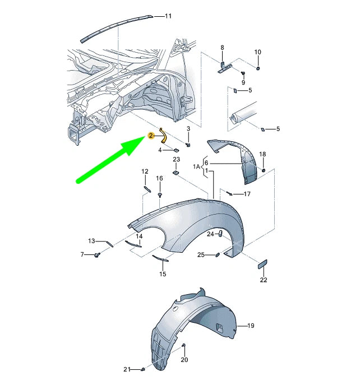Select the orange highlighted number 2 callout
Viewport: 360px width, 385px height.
coord(150,136)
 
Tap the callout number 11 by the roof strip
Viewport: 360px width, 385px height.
coord(168,16)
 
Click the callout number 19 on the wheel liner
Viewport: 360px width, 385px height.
coord(251,326)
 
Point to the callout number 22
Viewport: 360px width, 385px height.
coord(263,280)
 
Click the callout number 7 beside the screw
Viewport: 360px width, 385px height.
coord(82,254)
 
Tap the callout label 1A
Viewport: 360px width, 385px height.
coord(197,167)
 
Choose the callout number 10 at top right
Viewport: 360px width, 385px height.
coord(257,52)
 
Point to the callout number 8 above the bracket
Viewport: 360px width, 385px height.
coord(222,48)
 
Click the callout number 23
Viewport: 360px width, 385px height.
coord(176,160)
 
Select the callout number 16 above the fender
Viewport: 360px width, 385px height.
coord(159,179)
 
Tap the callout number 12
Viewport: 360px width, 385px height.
coord(144,171)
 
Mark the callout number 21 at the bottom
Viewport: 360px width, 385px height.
coord(127,369)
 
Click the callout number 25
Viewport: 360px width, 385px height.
coord(201,255)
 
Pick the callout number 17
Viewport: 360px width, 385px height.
coord(247,194)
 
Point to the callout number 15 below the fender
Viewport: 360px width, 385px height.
coord(163,274)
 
